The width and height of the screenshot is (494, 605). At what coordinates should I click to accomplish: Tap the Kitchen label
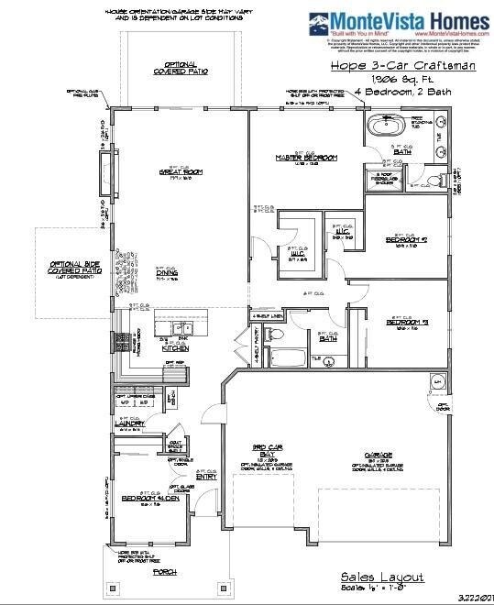pyautogui.click(x=174, y=348)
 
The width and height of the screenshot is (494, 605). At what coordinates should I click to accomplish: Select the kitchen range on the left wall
pyautogui.click(x=119, y=343)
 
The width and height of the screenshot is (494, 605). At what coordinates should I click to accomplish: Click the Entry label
pyautogui.click(x=206, y=476)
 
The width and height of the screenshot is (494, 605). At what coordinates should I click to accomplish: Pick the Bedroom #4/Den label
pyautogui.click(x=148, y=498)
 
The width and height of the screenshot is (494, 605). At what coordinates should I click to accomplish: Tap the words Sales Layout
pyautogui.click(x=382, y=577)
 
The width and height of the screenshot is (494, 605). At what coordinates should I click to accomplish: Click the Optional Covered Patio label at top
pyautogui.click(x=181, y=66)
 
